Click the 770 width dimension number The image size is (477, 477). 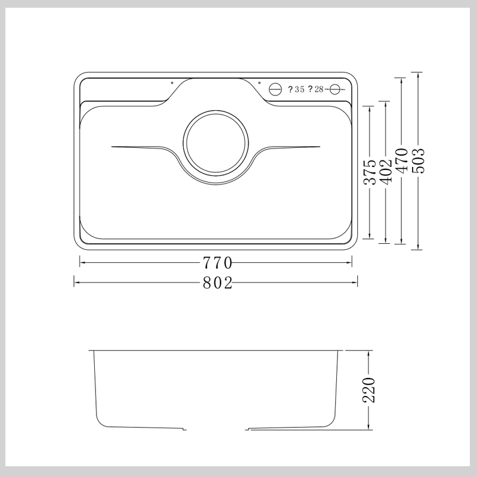point(216,263)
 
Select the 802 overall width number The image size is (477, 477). point(216,283)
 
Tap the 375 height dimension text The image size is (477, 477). point(370,172)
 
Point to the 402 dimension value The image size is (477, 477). point(386,172)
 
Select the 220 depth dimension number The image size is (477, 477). point(370,390)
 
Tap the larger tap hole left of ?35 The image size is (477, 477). point(275,89)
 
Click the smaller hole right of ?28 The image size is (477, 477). point(334,89)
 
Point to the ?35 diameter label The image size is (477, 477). point(296,89)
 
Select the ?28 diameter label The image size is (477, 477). point(315,89)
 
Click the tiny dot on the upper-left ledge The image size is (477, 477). point(172,83)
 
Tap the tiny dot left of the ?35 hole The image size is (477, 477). point(259,83)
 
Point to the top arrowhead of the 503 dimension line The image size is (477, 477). point(419,75)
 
